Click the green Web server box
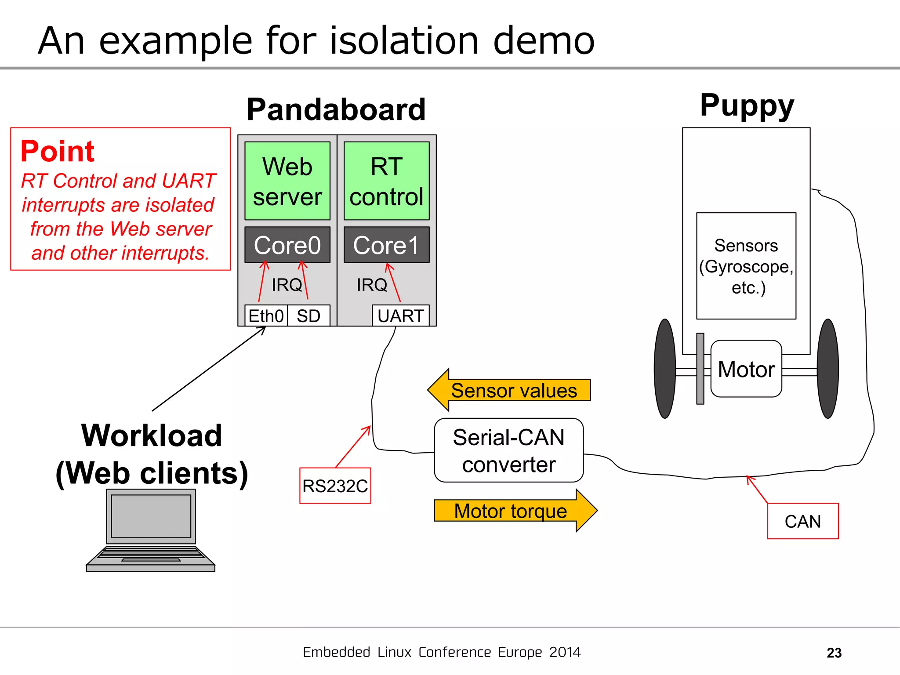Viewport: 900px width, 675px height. [287, 181]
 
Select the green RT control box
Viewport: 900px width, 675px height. [386, 181]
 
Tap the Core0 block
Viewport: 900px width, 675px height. [287, 245]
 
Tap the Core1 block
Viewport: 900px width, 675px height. [386, 245]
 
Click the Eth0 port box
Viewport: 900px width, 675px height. [266, 316]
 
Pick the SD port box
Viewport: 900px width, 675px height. [308, 316]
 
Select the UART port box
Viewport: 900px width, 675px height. [400, 316]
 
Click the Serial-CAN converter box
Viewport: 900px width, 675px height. [508, 450]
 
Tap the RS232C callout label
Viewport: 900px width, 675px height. [335, 486]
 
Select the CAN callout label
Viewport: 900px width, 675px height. [802, 521]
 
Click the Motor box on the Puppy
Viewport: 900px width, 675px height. [746, 369]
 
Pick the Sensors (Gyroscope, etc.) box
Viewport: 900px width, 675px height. [746, 266]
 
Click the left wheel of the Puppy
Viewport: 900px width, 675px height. [664, 368]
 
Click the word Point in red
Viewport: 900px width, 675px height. [58, 151]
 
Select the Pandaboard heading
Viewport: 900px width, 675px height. [336, 109]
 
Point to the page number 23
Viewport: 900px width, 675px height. [834, 653]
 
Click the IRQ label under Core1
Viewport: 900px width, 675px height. [372, 285]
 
